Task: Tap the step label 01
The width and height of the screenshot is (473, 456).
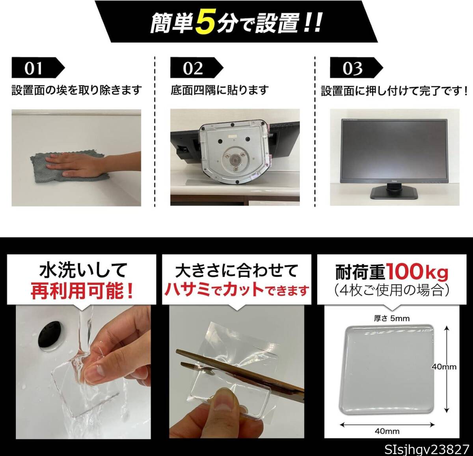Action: (33, 69)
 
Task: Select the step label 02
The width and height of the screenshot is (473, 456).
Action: (193, 69)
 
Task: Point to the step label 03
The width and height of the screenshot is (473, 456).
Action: (352, 69)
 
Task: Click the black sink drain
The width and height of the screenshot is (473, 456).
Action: (50, 336)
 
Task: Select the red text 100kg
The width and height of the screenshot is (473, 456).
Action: (417, 272)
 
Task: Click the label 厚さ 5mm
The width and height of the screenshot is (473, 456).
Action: (391, 318)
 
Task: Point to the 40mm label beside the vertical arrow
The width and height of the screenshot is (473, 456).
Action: (444, 367)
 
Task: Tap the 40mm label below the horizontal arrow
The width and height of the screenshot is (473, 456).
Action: (387, 431)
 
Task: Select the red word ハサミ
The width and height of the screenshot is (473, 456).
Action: (187, 290)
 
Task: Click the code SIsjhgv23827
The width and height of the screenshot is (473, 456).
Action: (427, 449)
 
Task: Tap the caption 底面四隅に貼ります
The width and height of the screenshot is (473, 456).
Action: (220, 90)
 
